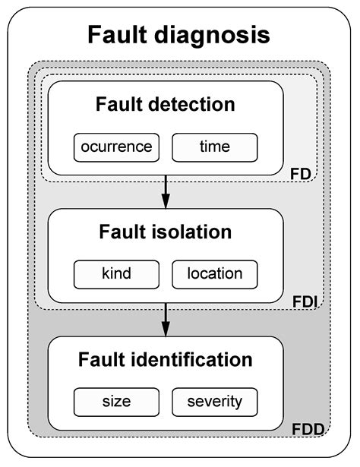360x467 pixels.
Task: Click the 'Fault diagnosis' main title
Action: click(178, 35)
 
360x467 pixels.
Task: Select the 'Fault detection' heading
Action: click(166, 105)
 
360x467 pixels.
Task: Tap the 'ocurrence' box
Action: click(117, 147)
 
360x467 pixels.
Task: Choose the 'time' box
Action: click(215, 147)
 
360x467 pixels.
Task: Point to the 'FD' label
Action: click(302, 174)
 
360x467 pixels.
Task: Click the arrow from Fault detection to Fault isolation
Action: click(166, 193)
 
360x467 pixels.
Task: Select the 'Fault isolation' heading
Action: click(166, 232)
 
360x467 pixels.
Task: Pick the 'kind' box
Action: click(117, 274)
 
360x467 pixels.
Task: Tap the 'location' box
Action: click(215, 274)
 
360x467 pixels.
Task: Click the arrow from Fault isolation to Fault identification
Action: click(166, 321)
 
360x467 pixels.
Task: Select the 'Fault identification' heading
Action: click(166, 360)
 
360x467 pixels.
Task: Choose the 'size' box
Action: click(117, 401)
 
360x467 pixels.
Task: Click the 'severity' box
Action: click(215, 401)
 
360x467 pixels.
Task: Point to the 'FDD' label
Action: click(307, 429)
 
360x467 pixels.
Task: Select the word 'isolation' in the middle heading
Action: click(197, 232)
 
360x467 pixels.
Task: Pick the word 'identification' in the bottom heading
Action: click(201, 360)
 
